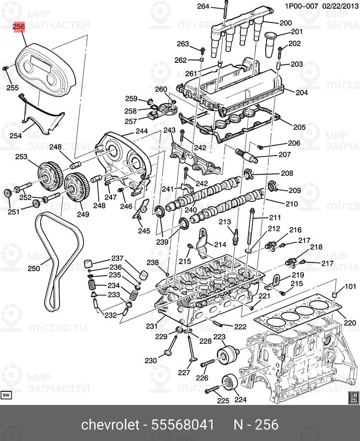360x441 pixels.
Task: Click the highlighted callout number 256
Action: (20, 26)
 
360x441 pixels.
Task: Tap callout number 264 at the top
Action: (203, 7)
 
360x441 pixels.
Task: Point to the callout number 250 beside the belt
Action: (34, 269)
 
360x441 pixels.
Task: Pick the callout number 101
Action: (351, 287)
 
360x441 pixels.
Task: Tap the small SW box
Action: (7, 395)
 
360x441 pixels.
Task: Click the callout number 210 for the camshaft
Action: (291, 204)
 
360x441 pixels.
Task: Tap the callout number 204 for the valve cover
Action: (302, 93)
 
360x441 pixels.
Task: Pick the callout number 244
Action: (142, 131)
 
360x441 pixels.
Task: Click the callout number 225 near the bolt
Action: (223, 401)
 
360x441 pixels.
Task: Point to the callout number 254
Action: (16, 136)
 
